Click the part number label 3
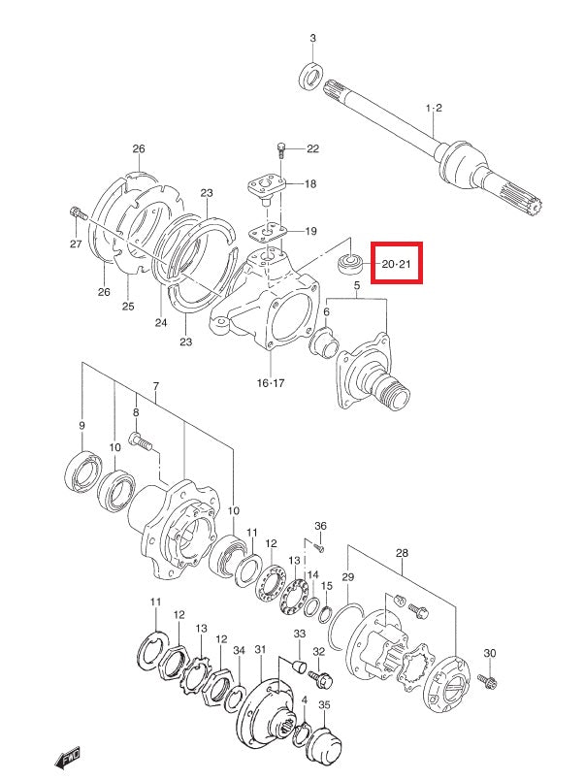[x=312, y=38]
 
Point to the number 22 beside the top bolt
[x=312, y=148]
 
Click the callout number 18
[x=309, y=184]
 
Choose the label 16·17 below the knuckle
[x=271, y=383]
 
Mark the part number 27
[x=76, y=244]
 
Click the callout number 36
[x=321, y=526]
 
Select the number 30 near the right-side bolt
[x=490, y=653]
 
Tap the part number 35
[x=324, y=705]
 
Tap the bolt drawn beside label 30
[x=488, y=683]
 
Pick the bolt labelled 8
[x=143, y=443]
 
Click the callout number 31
[x=260, y=649]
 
